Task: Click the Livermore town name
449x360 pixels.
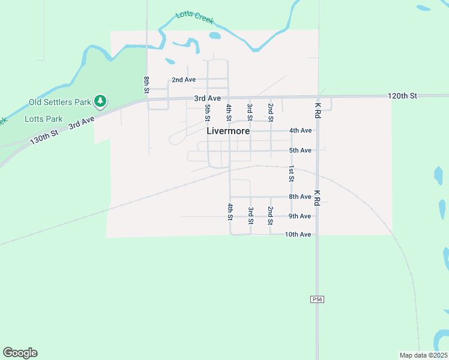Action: coord(228,130)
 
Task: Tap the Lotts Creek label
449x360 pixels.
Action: coord(194,18)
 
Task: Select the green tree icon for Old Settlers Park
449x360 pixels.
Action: coord(101,101)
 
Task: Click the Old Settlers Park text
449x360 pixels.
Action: coord(60,102)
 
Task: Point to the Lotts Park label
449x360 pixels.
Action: coord(44,119)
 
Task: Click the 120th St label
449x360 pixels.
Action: coord(402,96)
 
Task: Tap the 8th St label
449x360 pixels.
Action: coord(146,85)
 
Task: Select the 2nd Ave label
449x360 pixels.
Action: coord(184,79)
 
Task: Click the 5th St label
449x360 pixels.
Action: coord(208,112)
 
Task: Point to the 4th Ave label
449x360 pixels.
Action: coord(300,130)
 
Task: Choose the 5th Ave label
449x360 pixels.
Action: coord(300,150)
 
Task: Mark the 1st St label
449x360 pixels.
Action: coord(291,173)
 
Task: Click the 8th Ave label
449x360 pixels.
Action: coord(300,196)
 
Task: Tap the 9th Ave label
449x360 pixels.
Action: coord(300,216)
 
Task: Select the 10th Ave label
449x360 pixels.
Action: coord(298,234)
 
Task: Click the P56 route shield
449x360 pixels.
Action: coord(317,299)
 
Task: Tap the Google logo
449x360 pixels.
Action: coord(20,352)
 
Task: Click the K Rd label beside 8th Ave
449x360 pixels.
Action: coord(317,199)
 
